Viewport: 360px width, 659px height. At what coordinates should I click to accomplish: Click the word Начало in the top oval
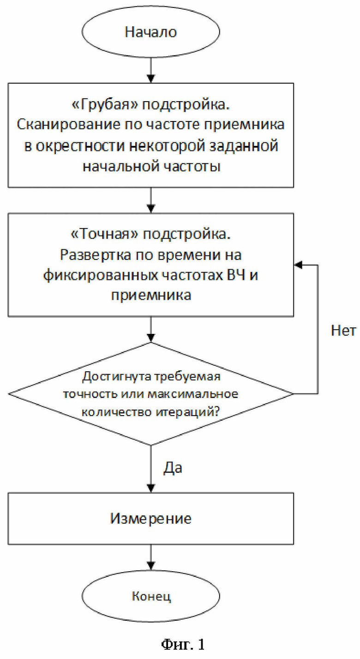pos(150,32)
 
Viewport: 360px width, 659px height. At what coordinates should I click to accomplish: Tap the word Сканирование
pos(68,125)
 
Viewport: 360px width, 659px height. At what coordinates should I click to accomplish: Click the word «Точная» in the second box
pos(104,235)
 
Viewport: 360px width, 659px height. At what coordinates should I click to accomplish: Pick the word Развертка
pos(95,255)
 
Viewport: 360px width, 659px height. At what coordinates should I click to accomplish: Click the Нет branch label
pos(343,331)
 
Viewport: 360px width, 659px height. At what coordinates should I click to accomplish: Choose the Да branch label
pos(173,468)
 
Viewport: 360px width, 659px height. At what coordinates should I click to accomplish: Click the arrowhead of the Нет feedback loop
pos(298,265)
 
